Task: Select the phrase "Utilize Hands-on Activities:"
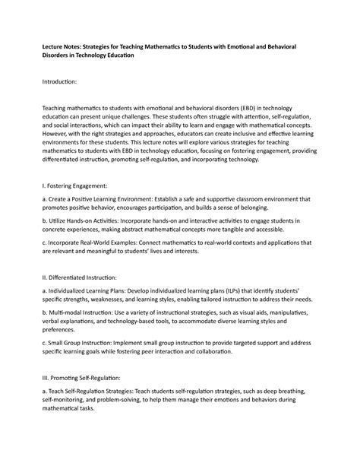pos(87,223)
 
